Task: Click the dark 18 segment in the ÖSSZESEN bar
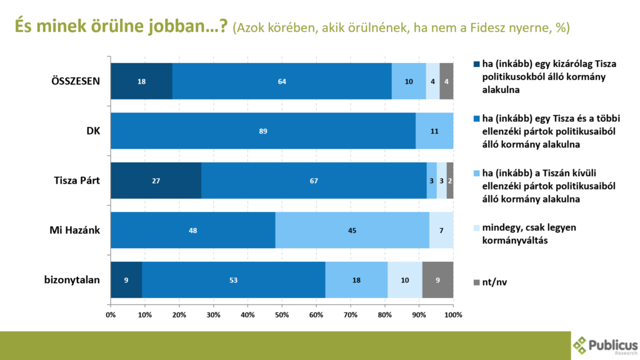[x=141, y=81]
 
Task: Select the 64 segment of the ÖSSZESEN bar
[x=282, y=81]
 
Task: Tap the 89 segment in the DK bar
[x=263, y=131]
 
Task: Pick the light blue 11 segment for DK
[x=434, y=131]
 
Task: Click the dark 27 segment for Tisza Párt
[x=156, y=181]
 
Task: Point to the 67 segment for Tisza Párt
[x=314, y=181]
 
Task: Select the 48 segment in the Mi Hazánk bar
[x=193, y=230]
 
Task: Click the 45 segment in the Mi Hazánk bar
[x=352, y=230]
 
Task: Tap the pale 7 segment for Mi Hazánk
[x=441, y=230]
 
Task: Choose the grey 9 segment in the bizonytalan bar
[x=437, y=280]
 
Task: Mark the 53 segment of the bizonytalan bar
[x=234, y=280]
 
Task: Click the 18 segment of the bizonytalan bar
[x=356, y=280]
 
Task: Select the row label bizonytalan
[x=72, y=280]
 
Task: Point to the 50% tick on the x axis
[x=282, y=313]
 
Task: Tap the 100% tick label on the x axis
[x=453, y=313]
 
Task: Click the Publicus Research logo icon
[x=581, y=345]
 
